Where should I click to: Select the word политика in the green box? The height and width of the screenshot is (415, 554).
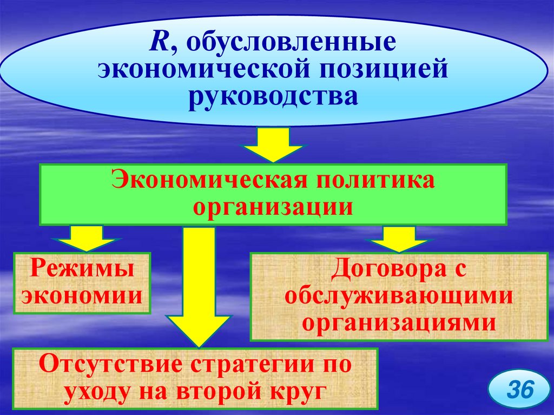click(x=365, y=181)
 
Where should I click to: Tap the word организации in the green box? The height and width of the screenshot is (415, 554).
click(x=273, y=207)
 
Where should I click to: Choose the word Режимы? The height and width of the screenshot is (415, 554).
click(x=81, y=269)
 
